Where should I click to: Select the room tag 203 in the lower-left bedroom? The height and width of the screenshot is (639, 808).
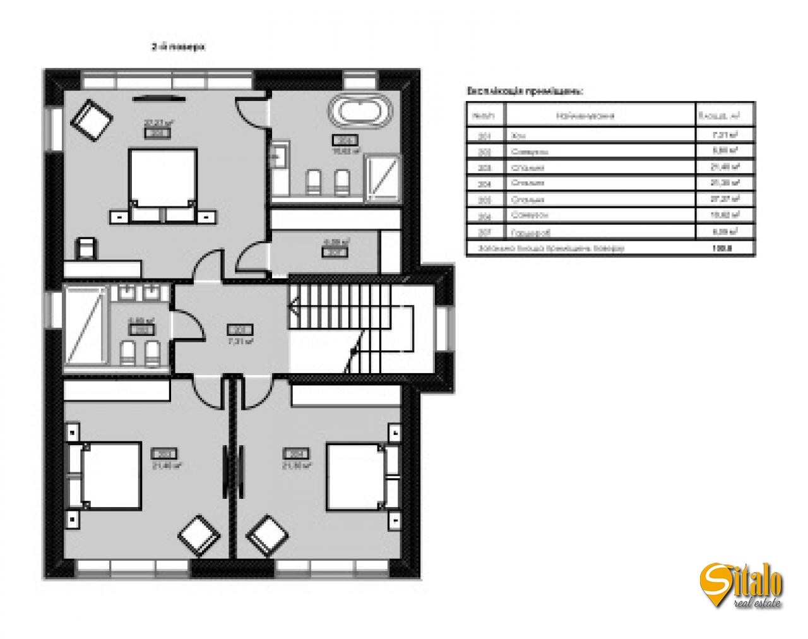point(164,453)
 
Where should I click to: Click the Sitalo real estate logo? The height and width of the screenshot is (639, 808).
point(741,585)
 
